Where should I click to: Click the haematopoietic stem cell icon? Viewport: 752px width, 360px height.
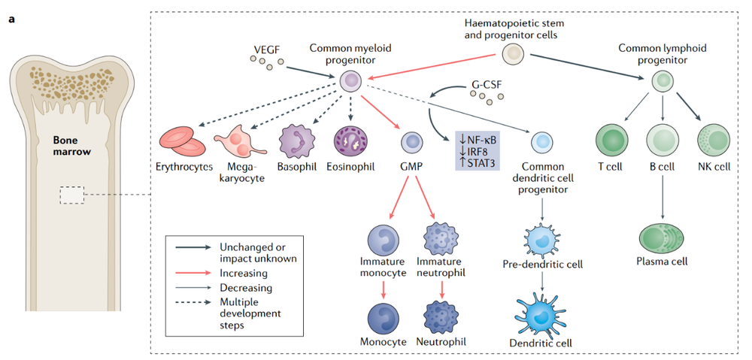point(513,53)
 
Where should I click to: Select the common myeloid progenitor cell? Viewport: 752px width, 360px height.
point(351,81)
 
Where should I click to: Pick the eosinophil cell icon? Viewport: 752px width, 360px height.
point(350,142)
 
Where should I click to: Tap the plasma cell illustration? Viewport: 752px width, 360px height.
point(663,236)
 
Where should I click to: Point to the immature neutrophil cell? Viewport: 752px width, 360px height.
point(441,237)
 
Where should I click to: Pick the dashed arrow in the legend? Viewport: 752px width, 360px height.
point(193,302)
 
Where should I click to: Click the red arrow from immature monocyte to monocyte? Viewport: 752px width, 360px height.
point(384,290)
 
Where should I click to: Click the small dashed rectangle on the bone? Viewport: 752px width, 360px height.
point(72,195)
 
